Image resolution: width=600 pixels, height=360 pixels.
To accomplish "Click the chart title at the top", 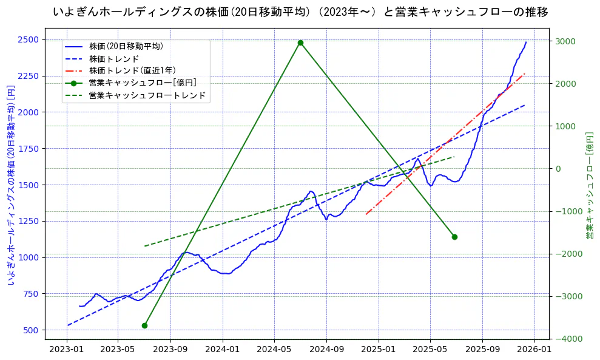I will coord(300,12).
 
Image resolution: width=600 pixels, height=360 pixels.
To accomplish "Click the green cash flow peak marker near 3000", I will coord(300,42).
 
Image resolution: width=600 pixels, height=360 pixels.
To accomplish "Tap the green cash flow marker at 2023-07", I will coord(144,325).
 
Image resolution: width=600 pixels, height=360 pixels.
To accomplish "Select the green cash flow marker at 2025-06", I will coord(454,237).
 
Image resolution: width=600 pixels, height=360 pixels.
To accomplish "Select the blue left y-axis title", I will coord(10,185).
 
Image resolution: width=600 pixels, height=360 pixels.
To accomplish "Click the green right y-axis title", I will coord(589,185).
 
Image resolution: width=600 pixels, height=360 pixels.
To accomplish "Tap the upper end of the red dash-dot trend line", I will coord(525,73).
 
